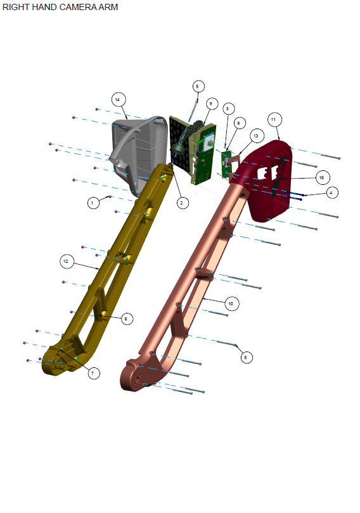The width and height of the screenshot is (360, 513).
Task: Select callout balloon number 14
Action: (x=117, y=99)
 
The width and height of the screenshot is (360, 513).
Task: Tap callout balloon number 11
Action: (x=274, y=119)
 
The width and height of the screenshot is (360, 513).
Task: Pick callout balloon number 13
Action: (x=255, y=136)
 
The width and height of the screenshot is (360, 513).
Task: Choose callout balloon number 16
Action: (x=321, y=177)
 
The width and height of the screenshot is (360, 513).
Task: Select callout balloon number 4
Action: (x=330, y=191)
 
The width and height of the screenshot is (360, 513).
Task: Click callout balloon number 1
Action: (x=94, y=203)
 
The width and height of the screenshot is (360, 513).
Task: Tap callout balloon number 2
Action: (x=182, y=203)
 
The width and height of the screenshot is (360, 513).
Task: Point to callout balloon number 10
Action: (x=230, y=304)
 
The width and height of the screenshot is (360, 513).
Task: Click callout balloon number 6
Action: (x=126, y=319)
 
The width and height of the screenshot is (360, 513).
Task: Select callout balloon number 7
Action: (x=93, y=373)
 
